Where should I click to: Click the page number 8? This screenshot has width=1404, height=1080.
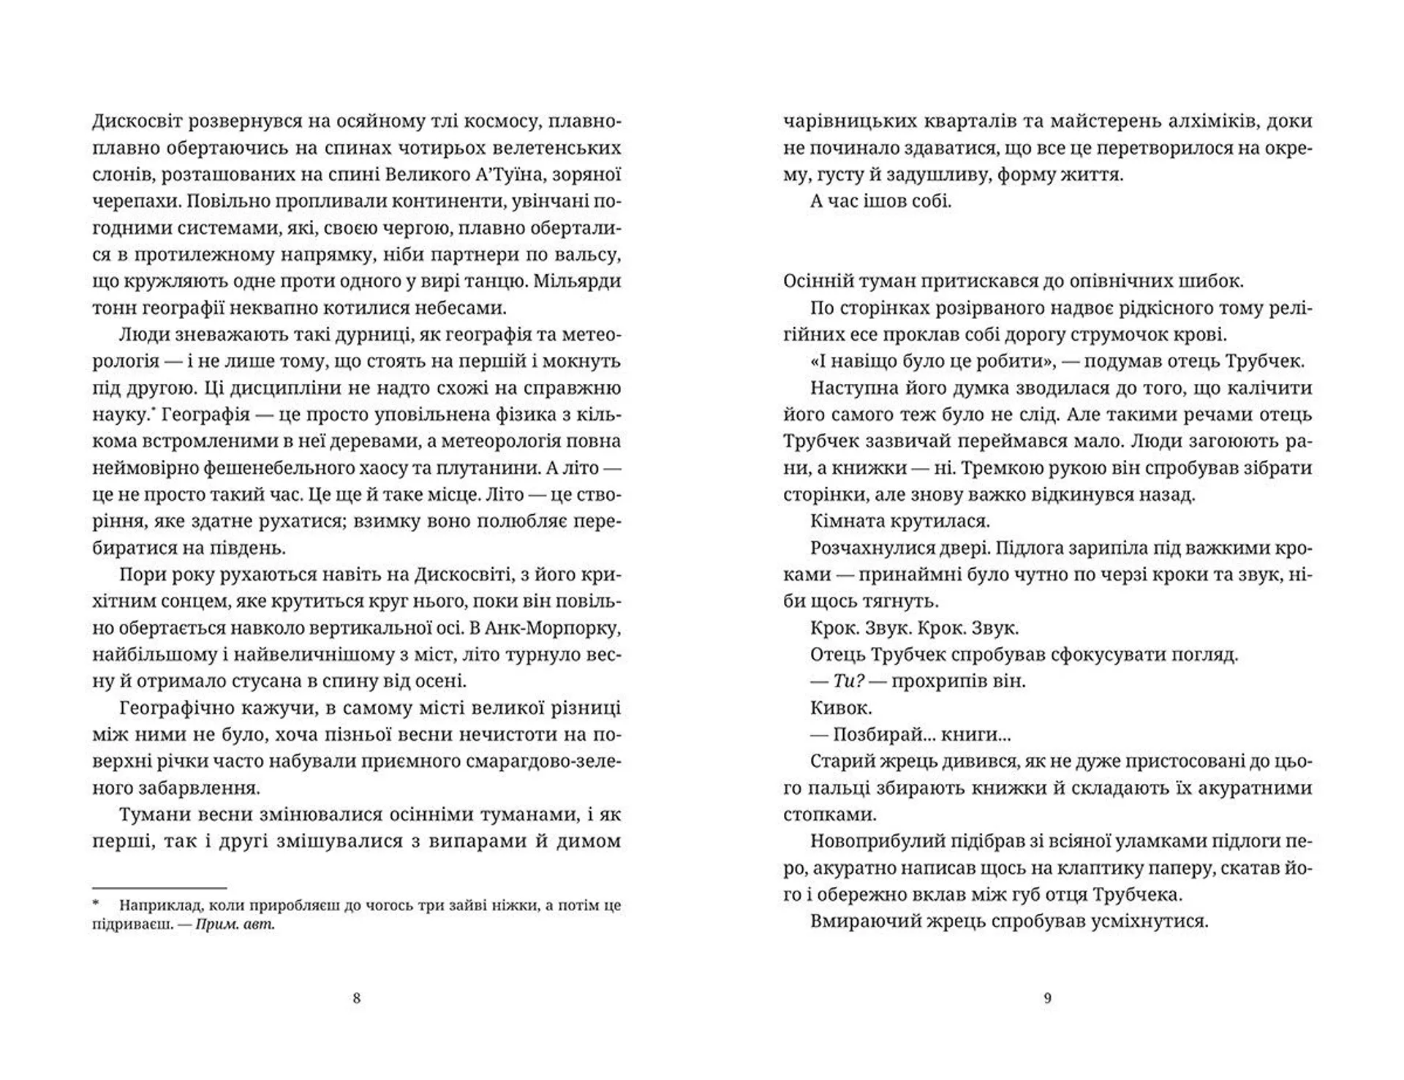[356, 998]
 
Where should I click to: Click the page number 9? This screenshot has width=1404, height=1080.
[1047, 998]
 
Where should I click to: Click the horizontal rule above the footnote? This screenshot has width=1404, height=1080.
[159, 887]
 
